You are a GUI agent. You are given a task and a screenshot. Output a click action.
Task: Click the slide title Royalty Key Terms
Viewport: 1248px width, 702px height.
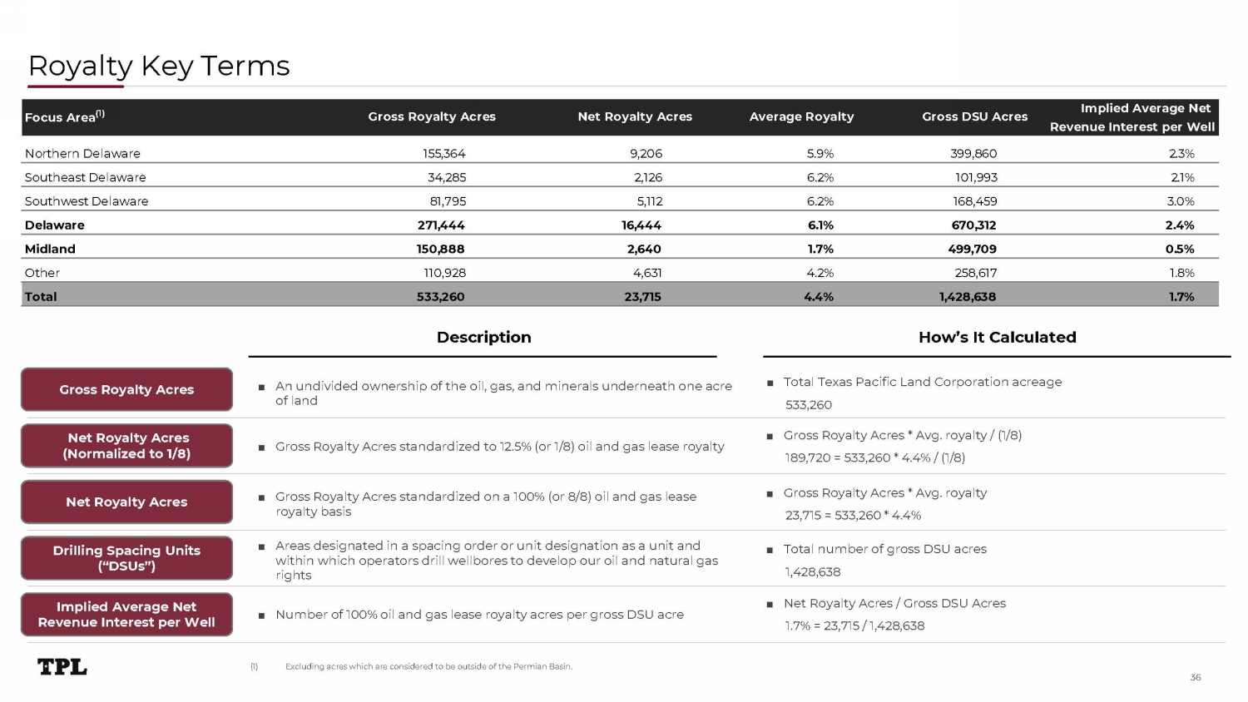pyautogui.click(x=159, y=66)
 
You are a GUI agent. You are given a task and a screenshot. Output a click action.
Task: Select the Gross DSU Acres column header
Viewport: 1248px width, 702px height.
pyautogui.click(x=974, y=116)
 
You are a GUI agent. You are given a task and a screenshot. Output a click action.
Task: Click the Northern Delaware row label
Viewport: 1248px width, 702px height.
pyautogui.click(x=82, y=153)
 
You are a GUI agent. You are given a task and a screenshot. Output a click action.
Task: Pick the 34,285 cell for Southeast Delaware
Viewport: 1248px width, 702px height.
pyautogui.click(x=447, y=177)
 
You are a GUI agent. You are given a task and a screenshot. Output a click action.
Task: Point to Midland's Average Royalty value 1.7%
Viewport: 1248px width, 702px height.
pyautogui.click(x=820, y=249)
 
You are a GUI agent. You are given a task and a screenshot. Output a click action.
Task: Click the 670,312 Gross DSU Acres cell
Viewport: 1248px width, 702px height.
pyautogui.click(x=973, y=225)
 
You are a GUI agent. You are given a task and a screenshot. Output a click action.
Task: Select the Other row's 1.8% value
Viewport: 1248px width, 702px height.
pyautogui.click(x=1181, y=273)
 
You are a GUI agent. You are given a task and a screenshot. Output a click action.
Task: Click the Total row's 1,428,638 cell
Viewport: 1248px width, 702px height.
pyautogui.click(x=967, y=297)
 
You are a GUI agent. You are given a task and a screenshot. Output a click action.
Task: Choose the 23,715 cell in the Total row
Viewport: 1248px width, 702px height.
pyautogui.click(x=642, y=297)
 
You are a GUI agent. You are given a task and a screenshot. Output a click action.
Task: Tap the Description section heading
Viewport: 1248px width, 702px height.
pyautogui.click(x=483, y=337)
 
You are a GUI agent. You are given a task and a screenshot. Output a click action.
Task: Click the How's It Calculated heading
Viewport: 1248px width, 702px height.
pyautogui.click(x=997, y=337)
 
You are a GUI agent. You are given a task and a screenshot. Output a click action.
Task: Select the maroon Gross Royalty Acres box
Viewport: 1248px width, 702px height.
pyautogui.click(x=126, y=389)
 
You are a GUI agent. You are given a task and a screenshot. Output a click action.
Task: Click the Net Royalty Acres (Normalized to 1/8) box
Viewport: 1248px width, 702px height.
pyautogui.click(x=126, y=446)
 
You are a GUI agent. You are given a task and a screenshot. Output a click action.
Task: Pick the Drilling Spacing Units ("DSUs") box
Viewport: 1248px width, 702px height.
pyautogui.click(x=126, y=558)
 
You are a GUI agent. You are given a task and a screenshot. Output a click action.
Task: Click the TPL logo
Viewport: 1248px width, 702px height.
pyautogui.click(x=62, y=666)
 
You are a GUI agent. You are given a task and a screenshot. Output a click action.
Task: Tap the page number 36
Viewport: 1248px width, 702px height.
pyautogui.click(x=1195, y=677)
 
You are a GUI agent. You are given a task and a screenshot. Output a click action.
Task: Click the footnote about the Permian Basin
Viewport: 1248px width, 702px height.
pyautogui.click(x=428, y=666)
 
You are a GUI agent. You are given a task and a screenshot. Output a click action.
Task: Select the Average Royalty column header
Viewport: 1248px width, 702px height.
pyautogui.click(x=801, y=116)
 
